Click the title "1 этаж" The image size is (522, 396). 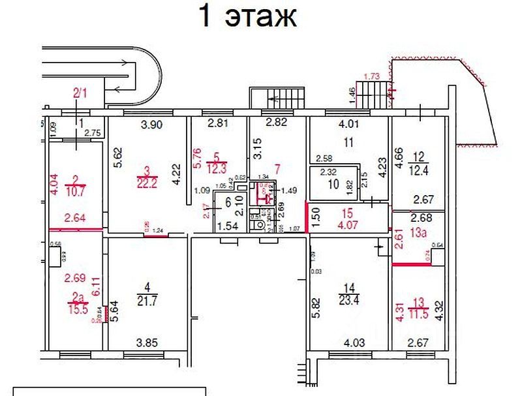247,18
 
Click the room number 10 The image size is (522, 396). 333,185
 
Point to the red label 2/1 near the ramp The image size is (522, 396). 80,93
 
